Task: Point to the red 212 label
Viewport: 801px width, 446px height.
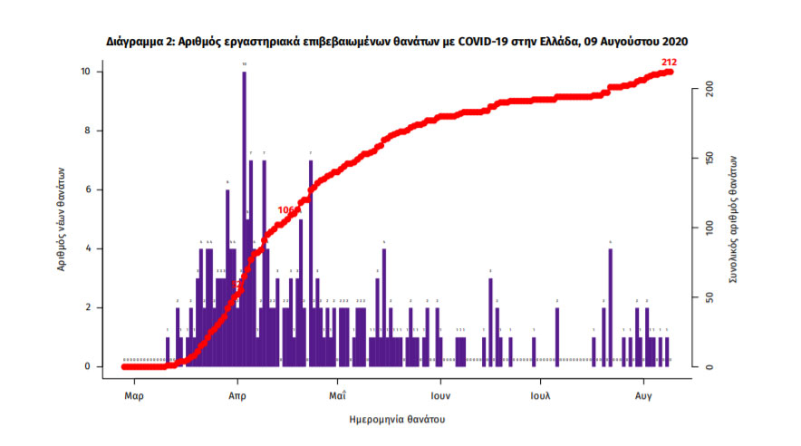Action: [x=670, y=62]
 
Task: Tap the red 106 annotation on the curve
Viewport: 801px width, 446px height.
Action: [x=287, y=210]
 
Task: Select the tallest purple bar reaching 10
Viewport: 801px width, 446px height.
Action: [x=244, y=218]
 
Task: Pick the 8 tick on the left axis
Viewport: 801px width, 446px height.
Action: [x=86, y=131]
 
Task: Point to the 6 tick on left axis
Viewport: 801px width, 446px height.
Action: [x=86, y=189]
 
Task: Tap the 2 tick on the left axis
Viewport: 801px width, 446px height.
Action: [x=86, y=307]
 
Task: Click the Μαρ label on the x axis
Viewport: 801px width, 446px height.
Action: [x=133, y=396]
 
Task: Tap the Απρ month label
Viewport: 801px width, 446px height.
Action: [x=237, y=396]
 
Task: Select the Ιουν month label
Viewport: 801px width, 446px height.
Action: [x=440, y=396]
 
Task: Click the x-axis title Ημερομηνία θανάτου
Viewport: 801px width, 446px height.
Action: [x=397, y=420]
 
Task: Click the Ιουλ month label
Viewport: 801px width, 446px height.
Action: [x=541, y=396]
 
